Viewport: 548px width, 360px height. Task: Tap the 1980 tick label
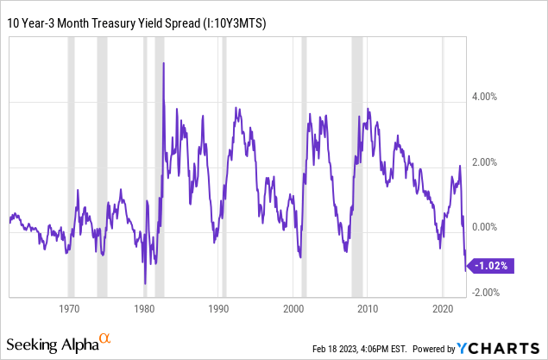pyautogui.click(x=145, y=308)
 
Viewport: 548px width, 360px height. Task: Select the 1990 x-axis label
pyautogui.click(x=219, y=308)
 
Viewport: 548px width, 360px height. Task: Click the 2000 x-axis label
pyautogui.click(x=293, y=308)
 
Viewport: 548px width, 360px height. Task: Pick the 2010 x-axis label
pyautogui.click(x=368, y=308)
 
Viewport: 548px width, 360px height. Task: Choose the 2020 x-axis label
pyautogui.click(x=443, y=308)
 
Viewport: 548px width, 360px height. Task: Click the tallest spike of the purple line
pyautogui.click(x=163, y=65)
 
